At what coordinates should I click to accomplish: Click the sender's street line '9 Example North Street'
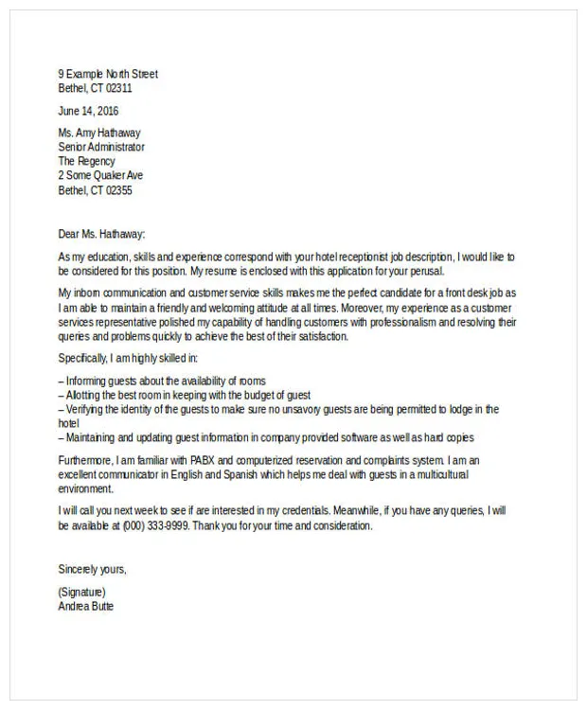coord(108,74)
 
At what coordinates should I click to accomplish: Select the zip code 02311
coord(118,88)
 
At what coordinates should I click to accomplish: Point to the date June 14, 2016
coord(88,111)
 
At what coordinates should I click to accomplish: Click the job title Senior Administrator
coord(101,147)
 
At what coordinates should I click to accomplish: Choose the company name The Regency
coord(86,161)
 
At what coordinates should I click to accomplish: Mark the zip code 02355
coord(118,190)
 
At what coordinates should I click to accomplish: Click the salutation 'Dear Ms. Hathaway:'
coord(102,234)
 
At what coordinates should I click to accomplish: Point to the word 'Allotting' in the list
coord(85,395)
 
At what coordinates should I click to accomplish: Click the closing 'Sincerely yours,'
coord(93,569)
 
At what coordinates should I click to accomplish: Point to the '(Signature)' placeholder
coord(81,592)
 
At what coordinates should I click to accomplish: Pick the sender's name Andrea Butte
coord(86,606)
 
